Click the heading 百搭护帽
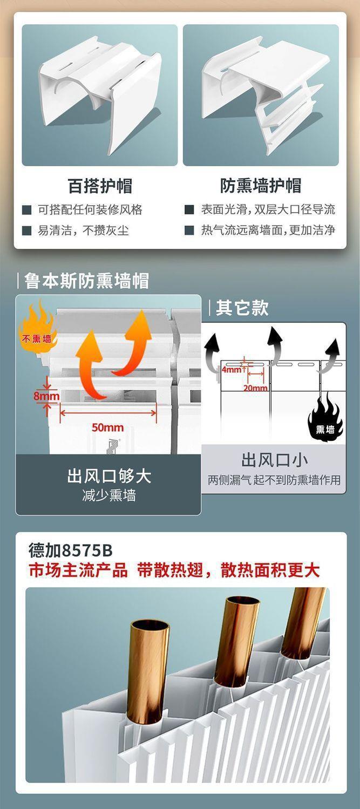click(100, 186)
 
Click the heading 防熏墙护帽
click(261, 186)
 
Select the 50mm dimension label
click(107, 427)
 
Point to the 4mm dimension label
click(232, 370)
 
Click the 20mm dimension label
click(255, 387)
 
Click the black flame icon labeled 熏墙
click(325, 424)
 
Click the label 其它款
click(242, 308)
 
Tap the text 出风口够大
click(109, 476)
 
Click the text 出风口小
click(275, 460)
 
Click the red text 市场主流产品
click(78, 570)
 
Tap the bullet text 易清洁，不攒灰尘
click(83, 231)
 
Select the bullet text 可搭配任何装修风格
click(90, 209)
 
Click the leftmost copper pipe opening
click(149, 629)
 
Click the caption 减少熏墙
click(109, 495)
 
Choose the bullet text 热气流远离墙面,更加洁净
click(268, 230)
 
